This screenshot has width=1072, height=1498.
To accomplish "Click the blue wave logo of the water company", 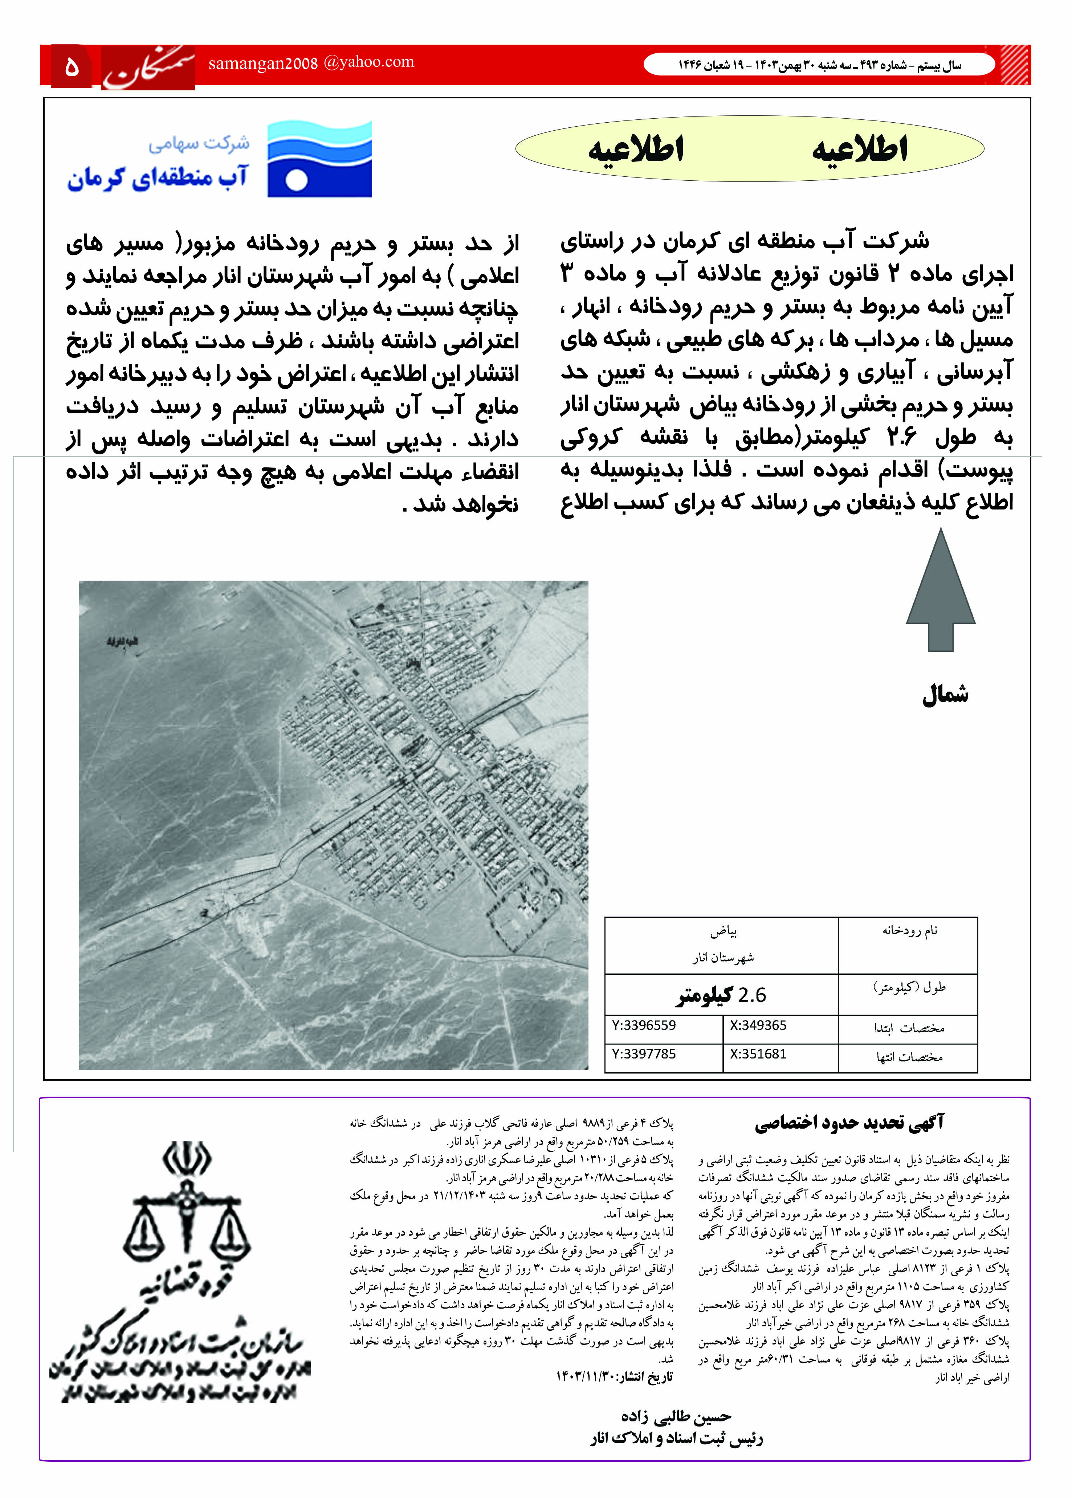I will (319, 159).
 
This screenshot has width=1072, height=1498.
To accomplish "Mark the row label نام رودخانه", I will (910, 930).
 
